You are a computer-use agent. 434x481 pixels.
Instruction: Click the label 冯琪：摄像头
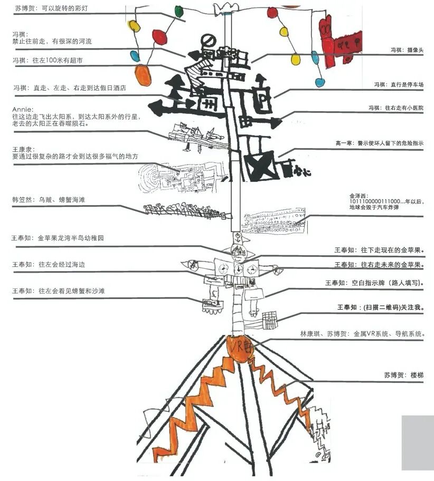pos(407,50)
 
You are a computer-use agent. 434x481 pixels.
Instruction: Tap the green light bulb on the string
pos(179,10)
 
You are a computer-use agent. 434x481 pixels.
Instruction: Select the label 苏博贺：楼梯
pos(404,375)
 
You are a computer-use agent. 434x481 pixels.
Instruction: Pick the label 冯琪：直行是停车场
pos(399,84)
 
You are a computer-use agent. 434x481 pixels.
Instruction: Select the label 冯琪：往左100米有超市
pos(48,61)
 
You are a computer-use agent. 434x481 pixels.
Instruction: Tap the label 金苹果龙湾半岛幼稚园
pos(58,238)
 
